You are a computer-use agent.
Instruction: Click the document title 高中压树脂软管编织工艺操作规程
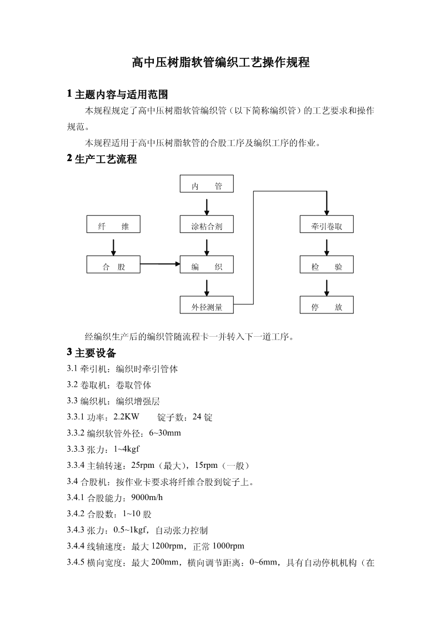tap(220, 62)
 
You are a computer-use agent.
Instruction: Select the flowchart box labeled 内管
tap(207, 184)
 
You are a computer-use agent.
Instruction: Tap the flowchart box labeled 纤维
tap(113, 224)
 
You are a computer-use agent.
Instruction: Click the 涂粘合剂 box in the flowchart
tap(207, 224)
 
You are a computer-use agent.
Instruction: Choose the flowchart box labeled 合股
tap(113, 264)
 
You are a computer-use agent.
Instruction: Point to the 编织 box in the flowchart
tap(207, 264)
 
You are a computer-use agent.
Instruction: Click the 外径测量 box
tap(207, 305)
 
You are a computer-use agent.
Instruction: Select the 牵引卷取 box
tap(327, 224)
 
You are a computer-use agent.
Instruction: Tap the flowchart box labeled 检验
tap(327, 264)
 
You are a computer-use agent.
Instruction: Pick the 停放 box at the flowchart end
tap(327, 305)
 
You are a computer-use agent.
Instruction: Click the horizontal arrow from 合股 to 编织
tap(161, 263)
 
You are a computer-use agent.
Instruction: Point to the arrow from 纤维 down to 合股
tap(113, 247)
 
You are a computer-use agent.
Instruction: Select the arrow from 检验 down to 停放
tap(327, 288)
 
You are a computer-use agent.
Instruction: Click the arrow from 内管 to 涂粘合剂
tap(207, 207)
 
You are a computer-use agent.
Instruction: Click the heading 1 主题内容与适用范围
tap(117, 94)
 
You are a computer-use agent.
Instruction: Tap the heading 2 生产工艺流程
tap(102, 159)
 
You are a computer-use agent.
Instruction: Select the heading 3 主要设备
tap(92, 353)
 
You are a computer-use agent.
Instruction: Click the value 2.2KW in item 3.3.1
tap(127, 417)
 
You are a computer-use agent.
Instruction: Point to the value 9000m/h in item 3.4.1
tap(147, 497)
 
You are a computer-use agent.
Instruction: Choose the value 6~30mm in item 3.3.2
tap(165, 433)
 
